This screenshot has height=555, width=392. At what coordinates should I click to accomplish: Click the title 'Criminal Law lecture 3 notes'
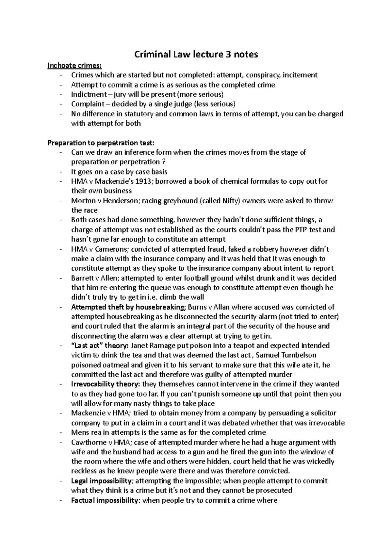tap(196, 54)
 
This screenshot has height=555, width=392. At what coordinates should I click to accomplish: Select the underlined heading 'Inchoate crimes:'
tap(70, 65)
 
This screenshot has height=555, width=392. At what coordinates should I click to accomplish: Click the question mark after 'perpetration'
tap(163, 162)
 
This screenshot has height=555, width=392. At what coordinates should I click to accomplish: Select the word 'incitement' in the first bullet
tap(300, 75)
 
